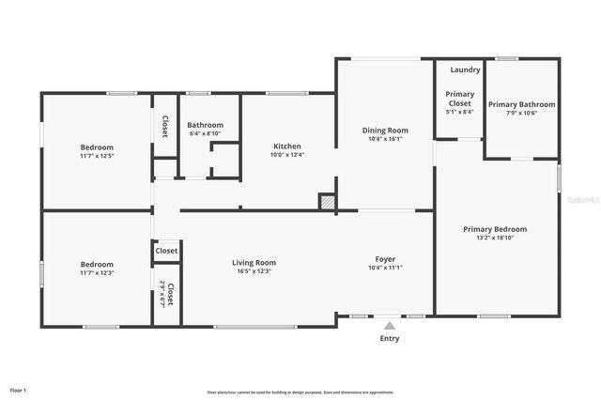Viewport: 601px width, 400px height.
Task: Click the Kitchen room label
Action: click(286, 146)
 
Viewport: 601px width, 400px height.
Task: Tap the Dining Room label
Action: click(385, 131)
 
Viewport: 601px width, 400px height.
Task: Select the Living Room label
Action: click(254, 263)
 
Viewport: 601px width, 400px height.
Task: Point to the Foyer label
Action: click(385, 259)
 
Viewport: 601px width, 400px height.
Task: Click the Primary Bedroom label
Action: click(495, 229)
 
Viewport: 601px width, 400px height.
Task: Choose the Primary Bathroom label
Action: click(521, 104)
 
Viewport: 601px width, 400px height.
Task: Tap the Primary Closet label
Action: click(459, 99)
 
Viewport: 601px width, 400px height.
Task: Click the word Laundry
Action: click(465, 69)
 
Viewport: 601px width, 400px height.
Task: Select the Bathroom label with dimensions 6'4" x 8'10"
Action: click(205, 125)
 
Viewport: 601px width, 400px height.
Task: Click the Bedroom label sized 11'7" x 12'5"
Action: click(96, 147)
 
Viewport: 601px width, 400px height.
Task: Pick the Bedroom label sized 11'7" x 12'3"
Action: click(96, 265)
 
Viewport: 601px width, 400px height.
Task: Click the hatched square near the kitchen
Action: click(327, 201)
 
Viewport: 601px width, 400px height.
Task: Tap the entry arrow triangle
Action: click(389, 325)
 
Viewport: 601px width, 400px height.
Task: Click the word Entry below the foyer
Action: click(389, 338)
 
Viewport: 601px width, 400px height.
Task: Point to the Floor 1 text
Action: click(18, 390)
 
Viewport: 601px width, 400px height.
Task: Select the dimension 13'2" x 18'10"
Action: click(495, 238)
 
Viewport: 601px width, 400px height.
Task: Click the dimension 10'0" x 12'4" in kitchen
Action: click(286, 156)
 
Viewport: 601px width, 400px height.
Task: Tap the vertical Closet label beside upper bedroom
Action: click(165, 127)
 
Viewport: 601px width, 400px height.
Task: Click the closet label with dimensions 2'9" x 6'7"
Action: click(165, 296)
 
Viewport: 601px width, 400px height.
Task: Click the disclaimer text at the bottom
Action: click(300, 392)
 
